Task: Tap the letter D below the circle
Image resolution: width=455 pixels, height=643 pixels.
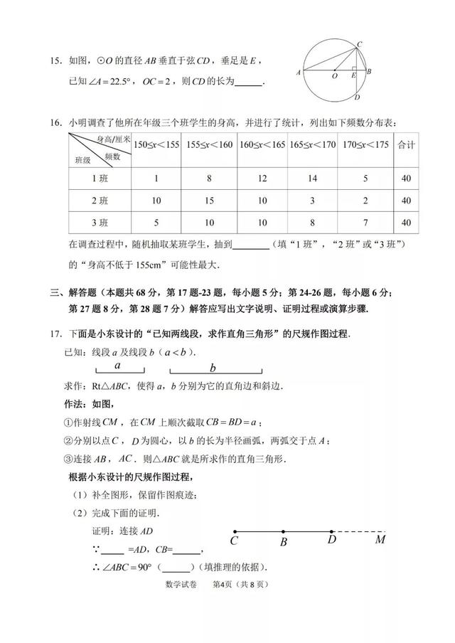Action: [x=357, y=98]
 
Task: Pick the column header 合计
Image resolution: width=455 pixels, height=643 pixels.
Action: [x=406, y=145]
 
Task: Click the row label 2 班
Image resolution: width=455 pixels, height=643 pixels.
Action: [x=100, y=201]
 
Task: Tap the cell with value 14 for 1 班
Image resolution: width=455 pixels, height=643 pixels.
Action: [x=313, y=179]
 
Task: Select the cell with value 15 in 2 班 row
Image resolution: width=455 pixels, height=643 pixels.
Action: [x=209, y=201]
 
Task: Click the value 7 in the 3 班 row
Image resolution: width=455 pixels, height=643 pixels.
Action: [x=365, y=223]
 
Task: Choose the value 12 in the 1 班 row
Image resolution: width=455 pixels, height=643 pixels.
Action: [x=262, y=179]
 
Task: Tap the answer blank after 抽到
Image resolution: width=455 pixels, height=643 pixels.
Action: [x=251, y=247]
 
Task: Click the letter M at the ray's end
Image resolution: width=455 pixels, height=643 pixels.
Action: [x=380, y=540]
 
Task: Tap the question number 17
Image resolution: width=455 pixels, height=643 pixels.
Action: [x=55, y=334]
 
